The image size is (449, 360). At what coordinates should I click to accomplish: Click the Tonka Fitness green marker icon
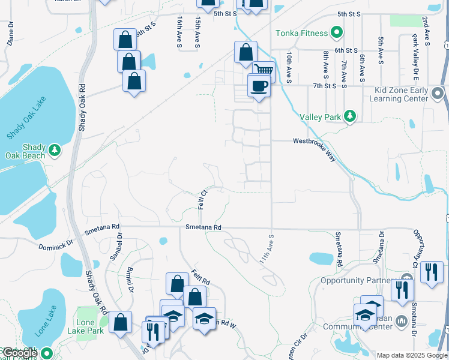click(x=337, y=33)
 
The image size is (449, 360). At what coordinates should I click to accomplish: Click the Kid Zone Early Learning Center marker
click(x=438, y=94)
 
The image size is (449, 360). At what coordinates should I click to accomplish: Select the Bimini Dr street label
click(x=129, y=279)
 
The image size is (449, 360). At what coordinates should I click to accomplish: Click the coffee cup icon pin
click(x=259, y=86)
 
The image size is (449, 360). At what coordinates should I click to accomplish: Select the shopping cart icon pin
click(x=264, y=71)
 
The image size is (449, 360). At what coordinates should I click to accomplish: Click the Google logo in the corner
click(x=20, y=353)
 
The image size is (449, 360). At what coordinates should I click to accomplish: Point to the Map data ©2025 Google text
click(x=412, y=355)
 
